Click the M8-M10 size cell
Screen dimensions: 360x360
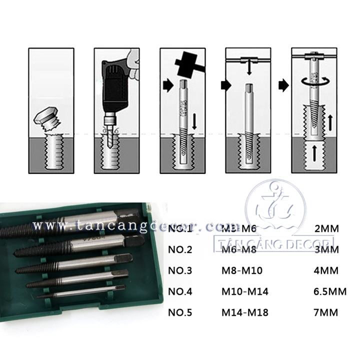tap(242, 271)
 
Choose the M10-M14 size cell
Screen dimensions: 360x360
tap(245, 292)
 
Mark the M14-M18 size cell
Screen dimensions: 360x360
tap(245, 313)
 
